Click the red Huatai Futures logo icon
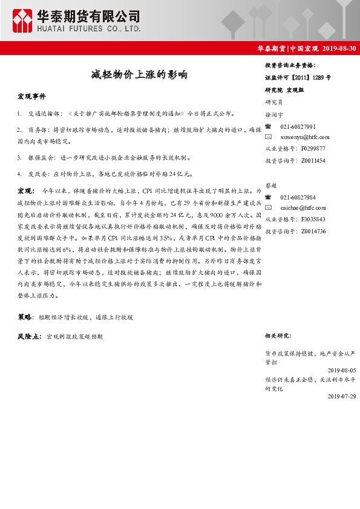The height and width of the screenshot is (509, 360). pos(24,21)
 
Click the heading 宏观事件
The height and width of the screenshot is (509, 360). pos(31,97)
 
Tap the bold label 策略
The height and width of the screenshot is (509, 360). pos(25,316)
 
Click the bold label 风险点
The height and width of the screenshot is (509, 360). pos(29,336)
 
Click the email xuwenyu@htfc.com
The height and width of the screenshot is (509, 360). pos(304,137)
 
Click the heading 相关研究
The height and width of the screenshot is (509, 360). pos(278,335)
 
